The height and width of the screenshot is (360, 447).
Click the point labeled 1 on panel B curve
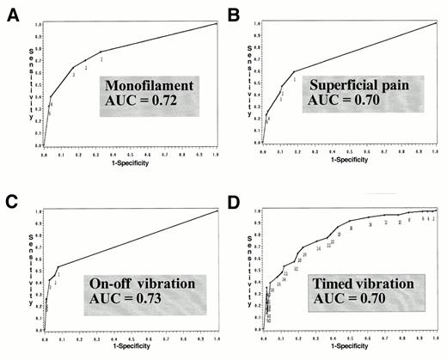[x=294, y=79]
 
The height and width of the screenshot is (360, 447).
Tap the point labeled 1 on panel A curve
[x=101, y=58]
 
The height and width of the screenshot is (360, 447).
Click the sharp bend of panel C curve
[x=58, y=267]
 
